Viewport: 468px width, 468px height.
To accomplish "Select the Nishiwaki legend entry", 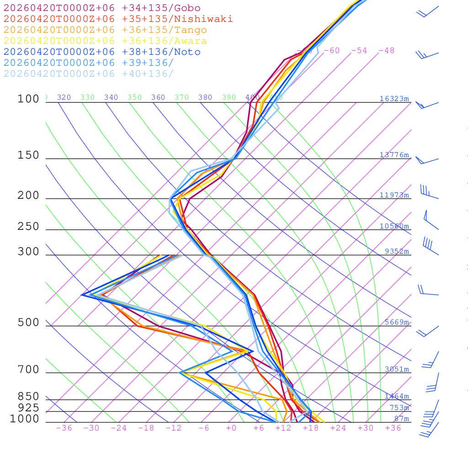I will tap(118, 19).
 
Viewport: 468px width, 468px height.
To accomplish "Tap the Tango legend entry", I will tap(105, 30).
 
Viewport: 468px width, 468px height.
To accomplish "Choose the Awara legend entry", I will tap(105, 41).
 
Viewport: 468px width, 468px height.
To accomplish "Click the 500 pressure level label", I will tap(28, 323).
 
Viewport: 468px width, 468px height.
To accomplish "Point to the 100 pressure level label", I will tap(28, 99).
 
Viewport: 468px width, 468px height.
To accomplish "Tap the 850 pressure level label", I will tap(28, 397).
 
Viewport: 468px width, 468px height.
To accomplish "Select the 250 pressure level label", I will tap(28, 227).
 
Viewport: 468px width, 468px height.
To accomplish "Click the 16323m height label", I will tap(394, 99).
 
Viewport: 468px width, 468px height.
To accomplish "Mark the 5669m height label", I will tap(396, 322).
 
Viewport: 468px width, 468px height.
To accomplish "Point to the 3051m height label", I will tap(396, 369).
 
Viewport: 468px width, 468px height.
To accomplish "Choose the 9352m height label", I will tap(396, 251).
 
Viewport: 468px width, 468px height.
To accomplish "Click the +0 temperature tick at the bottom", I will tap(231, 428).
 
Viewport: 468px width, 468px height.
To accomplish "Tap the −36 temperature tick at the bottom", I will tap(64, 428).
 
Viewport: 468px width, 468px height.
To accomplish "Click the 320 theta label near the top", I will tap(64, 97).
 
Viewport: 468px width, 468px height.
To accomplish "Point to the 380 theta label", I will tap(205, 97).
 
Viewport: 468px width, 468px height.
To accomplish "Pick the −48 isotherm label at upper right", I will tap(386, 51).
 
